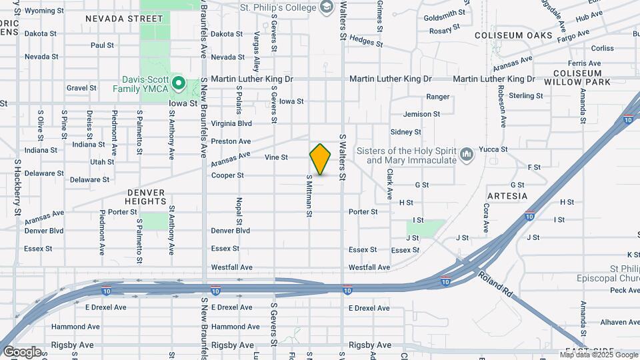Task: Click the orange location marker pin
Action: tap(320, 159)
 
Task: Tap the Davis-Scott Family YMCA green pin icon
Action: tap(178, 83)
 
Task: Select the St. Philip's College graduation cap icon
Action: tap(327, 8)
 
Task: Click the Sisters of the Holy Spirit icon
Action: tap(467, 155)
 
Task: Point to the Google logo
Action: tap(22, 351)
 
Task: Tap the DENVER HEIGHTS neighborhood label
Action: tap(145, 196)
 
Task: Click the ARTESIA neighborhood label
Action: tap(507, 196)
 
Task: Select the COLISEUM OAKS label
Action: tap(513, 35)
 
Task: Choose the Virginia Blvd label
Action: tap(231, 123)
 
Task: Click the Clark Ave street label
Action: tap(389, 184)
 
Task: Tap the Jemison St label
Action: tap(422, 114)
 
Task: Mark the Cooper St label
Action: tap(227, 175)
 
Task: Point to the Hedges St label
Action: tap(365, 42)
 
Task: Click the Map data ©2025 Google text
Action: tap(598, 354)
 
